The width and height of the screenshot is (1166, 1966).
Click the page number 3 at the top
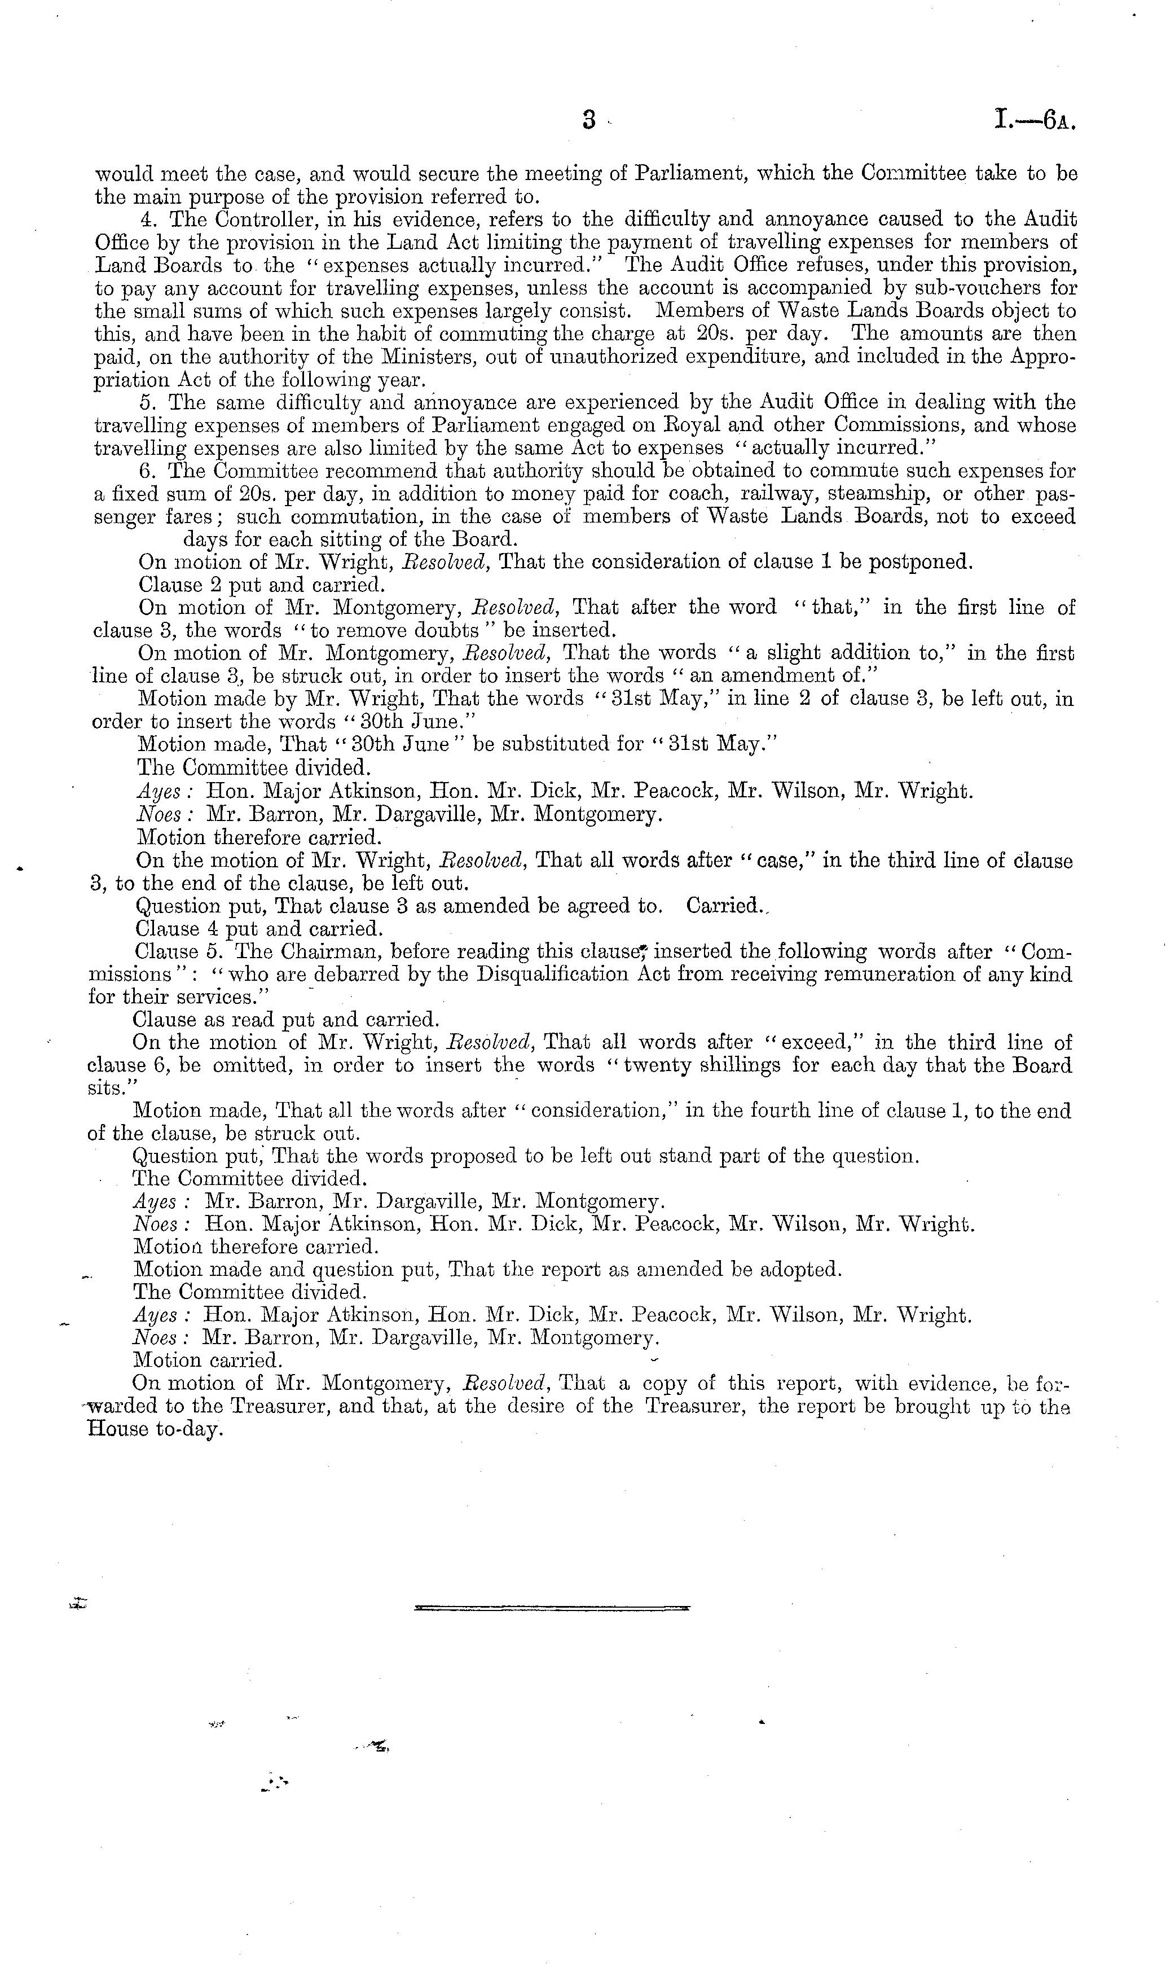pos(590,120)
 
